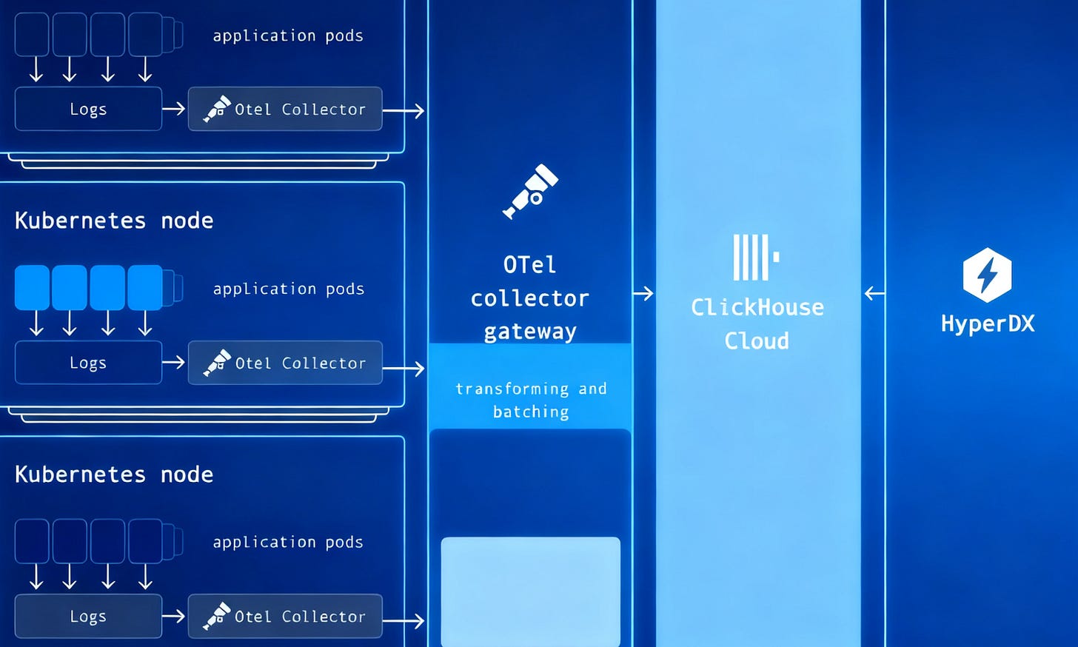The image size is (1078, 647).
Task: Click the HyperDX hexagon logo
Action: point(987,275)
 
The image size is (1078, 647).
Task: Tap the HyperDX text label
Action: point(988,323)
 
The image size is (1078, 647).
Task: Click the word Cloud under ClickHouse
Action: point(757,341)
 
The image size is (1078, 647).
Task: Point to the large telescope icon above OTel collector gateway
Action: point(530,192)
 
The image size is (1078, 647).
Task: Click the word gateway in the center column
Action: point(530,331)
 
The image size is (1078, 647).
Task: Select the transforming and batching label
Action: point(531,400)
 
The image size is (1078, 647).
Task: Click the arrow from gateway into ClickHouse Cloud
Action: point(643,293)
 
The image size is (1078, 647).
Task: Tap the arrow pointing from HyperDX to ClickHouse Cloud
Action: point(874,293)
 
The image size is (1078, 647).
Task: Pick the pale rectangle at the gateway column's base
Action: point(530,591)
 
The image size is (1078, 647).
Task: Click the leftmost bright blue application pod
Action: point(32,287)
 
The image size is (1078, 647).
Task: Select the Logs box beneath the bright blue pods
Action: point(88,363)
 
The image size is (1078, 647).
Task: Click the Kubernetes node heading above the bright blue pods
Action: point(114,221)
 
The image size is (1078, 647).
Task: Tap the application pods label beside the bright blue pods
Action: point(289,289)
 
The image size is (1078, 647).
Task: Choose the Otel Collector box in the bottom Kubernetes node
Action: point(285,616)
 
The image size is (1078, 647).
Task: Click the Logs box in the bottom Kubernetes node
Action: point(88,616)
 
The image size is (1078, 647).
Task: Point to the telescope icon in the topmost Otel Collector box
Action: point(217,109)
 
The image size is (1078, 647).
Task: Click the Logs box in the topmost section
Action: point(88,109)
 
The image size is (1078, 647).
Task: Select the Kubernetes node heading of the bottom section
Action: point(114,475)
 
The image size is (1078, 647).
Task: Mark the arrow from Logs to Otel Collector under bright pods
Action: point(174,363)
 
